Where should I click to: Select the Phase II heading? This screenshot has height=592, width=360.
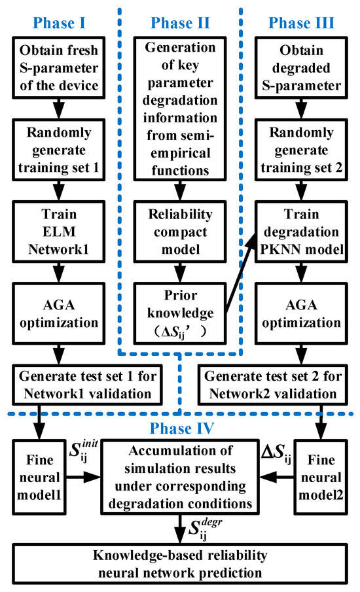click(x=180, y=23)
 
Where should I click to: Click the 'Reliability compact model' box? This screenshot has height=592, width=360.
click(x=180, y=204)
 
